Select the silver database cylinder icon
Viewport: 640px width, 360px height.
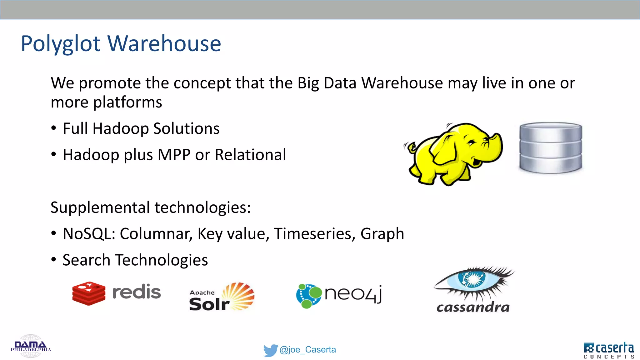click(x=551, y=147)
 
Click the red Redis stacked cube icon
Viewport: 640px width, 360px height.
click(x=89, y=293)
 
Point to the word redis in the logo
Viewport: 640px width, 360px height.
click(x=137, y=292)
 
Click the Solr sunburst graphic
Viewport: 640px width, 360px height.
click(x=239, y=295)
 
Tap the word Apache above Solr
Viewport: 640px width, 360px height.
click(x=202, y=293)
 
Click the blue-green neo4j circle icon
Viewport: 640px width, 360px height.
click(x=308, y=296)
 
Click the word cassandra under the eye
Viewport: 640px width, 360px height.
click(x=473, y=307)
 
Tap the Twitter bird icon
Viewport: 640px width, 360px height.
click(x=270, y=350)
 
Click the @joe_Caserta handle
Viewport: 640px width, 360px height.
click(x=307, y=350)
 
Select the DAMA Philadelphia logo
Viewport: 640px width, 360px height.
click(x=31, y=346)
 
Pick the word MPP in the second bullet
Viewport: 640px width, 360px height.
click(x=174, y=155)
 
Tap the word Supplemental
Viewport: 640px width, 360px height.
click(x=100, y=207)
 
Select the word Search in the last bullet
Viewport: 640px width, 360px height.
click(x=86, y=260)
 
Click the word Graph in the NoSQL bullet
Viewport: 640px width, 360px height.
click(x=382, y=234)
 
